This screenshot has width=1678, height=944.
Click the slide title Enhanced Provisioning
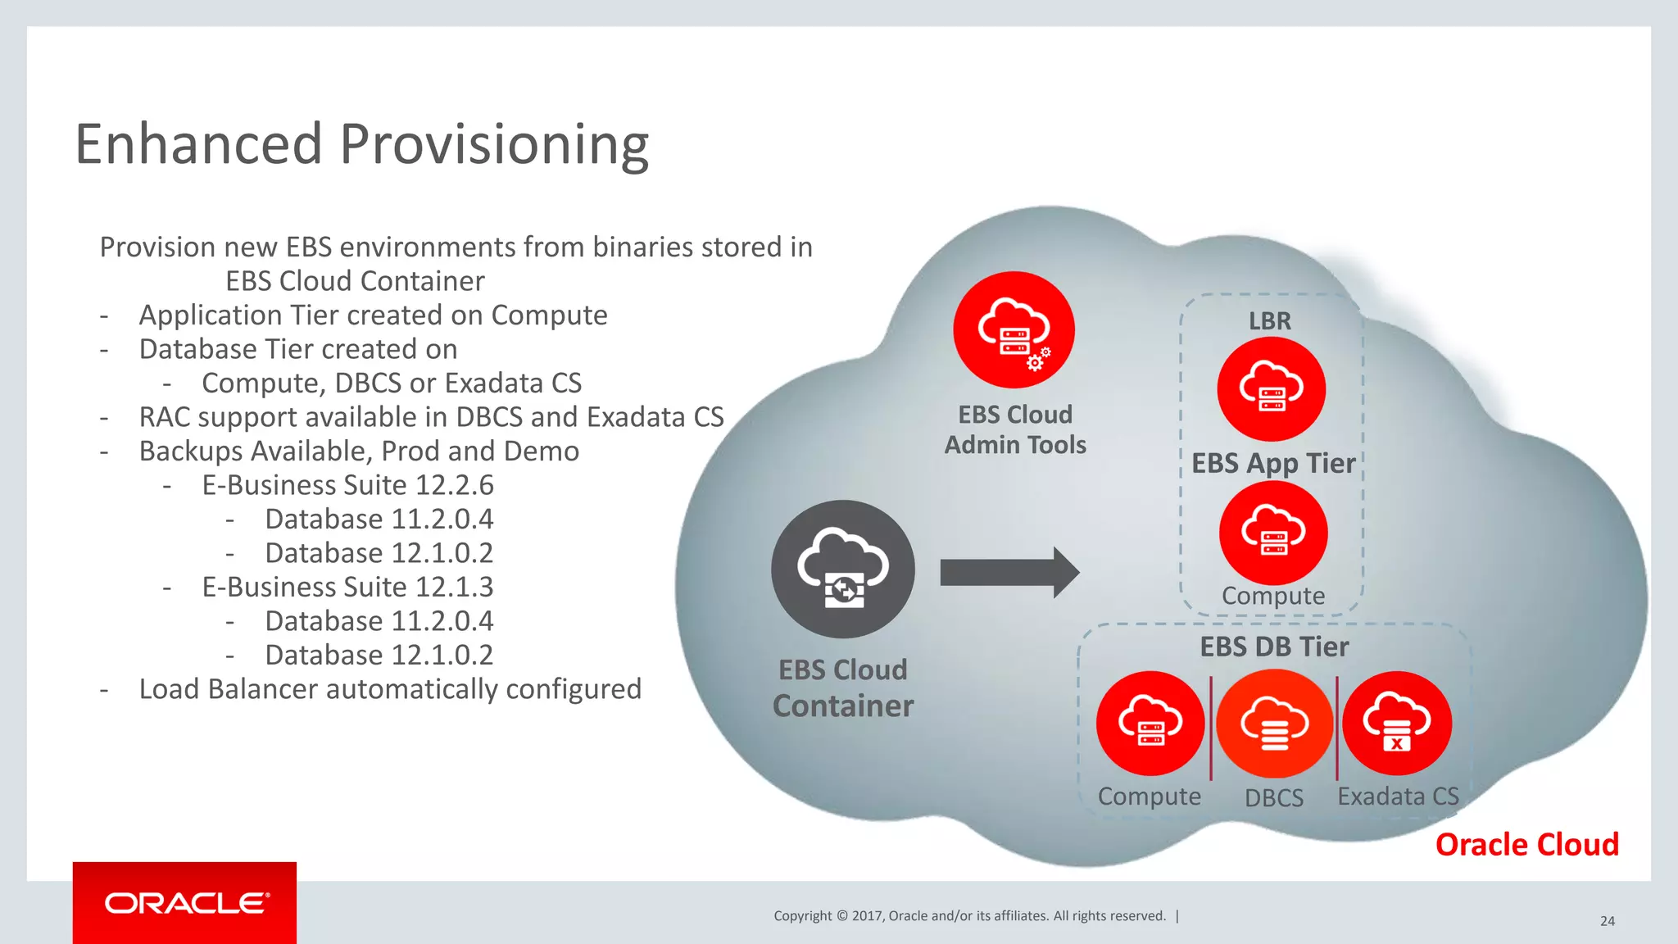pyautogui.click(x=361, y=144)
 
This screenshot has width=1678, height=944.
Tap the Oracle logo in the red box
pyautogui.click(x=186, y=903)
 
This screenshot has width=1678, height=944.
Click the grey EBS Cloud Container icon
pyautogui.click(x=843, y=569)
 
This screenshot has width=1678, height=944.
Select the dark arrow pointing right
pyautogui.click(x=1009, y=573)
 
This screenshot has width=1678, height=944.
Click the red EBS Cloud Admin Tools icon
pyautogui.click(x=1014, y=329)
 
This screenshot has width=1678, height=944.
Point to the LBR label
pyautogui.click(x=1269, y=321)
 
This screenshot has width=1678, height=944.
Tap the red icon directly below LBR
pyautogui.click(x=1271, y=388)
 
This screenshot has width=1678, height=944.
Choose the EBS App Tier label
pyautogui.click(x=1272, y=464)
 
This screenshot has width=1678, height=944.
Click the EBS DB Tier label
pyautogui.click(x=1274, y=647)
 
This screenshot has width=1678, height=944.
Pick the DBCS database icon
pyautogui.click(x=1274, y=724)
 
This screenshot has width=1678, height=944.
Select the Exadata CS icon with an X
pyautogui.click(x=1397, y=723)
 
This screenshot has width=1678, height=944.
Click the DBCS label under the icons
pyautogui.click(x=1274, y=798)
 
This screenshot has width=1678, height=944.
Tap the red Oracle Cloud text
pyautogui.click(x=1526, y=845)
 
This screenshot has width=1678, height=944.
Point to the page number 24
pyautogui.click(x=1607, y=921)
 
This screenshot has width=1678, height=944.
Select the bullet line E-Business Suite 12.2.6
pyautogui.click(x=347, y=485)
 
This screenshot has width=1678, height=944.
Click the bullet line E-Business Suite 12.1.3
pyautogui.click(x=347, y=588)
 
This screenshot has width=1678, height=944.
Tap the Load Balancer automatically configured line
pyautogui.click(x=390, y=689)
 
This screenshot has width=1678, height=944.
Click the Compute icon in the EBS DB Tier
pyautogui.click(x=1150, y=723)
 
